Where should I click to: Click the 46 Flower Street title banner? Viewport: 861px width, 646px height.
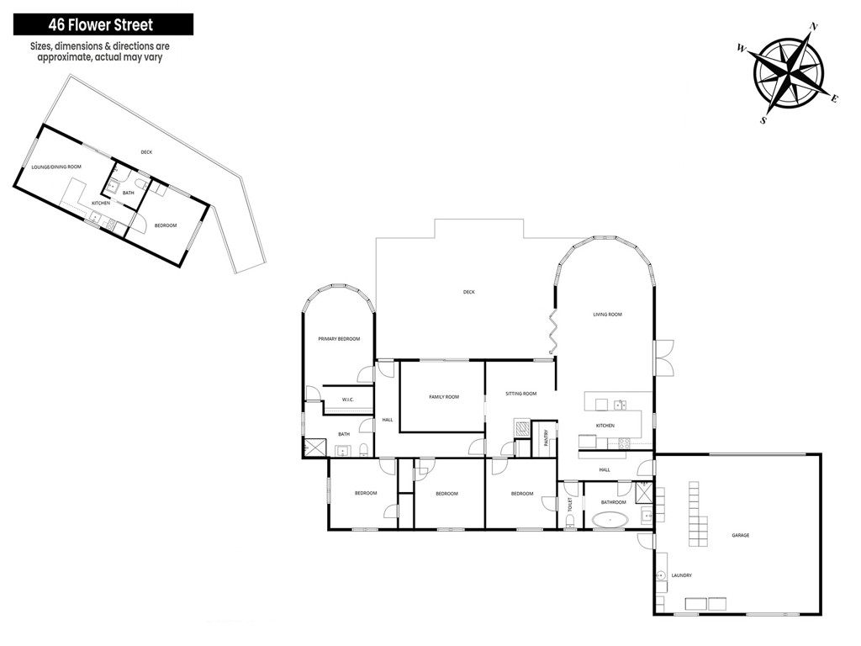click(103, 24)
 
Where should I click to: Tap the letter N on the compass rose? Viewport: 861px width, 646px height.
click(814, 27)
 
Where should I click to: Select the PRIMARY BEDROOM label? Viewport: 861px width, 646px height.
click(339, 339)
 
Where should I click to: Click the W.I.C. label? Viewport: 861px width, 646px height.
click(347, 400)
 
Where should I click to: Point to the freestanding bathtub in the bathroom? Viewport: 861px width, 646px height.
click(610, 520)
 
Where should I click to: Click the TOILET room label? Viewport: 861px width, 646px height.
click(570, 505)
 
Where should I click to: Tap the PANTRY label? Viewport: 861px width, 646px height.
click(546, 438)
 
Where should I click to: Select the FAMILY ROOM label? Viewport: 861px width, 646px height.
click(444, 397)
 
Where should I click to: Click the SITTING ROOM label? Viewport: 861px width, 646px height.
click(521, 394)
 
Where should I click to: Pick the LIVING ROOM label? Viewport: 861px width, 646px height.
click(607, 315)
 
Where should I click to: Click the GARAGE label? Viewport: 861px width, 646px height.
click(740, 535)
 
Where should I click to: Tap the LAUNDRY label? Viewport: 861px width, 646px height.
click(681, 575)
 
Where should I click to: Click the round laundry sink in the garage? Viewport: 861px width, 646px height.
click(660, 575)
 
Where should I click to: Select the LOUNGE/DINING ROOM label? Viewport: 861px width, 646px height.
click(56, 167)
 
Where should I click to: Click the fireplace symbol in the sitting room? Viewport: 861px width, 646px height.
click(521, 427)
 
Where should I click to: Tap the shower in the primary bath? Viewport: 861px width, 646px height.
click(315, 447)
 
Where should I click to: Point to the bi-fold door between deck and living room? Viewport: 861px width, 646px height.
click(553, 331)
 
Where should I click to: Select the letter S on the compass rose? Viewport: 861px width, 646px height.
click(763, 121)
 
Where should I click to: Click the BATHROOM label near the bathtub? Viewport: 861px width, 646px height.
click(613, 502)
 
